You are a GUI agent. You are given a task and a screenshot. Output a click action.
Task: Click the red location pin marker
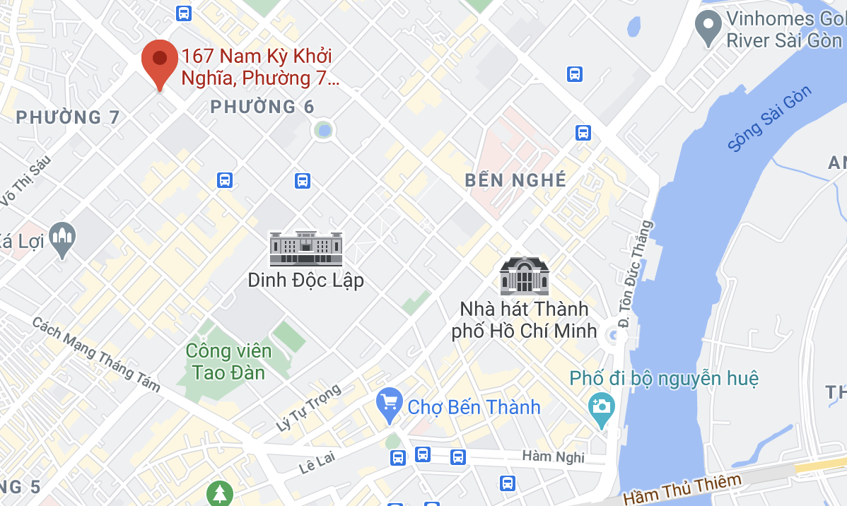pos(160,60)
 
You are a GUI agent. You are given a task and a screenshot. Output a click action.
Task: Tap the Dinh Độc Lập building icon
pos(305,249)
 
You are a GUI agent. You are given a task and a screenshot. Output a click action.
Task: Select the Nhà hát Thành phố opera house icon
pos(524,276)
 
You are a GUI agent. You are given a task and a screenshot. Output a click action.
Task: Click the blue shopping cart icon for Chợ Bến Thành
pos(389,406)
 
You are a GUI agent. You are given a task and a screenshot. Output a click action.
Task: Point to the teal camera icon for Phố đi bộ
pos(602,408)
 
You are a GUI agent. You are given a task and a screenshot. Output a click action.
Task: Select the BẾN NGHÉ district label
pos(515,180)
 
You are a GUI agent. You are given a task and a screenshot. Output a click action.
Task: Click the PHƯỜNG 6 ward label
pos(262,107)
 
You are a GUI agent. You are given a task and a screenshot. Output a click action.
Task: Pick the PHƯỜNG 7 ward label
pos(68,117)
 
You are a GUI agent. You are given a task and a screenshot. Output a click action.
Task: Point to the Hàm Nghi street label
pos(553,457)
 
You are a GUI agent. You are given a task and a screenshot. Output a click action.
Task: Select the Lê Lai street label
pos(316,465)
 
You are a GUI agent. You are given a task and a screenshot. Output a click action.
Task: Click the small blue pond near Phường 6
pos(324,130)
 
